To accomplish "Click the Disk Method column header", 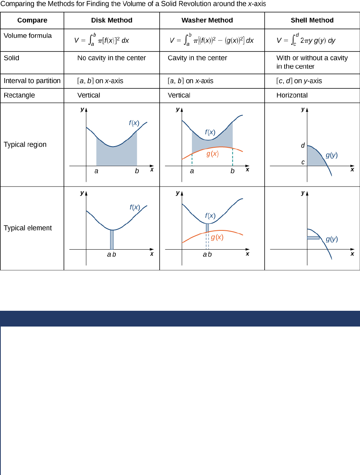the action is tap(112, 20).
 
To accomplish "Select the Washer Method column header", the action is tap(207, 20).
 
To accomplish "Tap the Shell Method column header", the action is tap(312, 20).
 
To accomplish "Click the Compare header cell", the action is tap(32, 20).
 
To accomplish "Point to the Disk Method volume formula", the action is tap(102, 40).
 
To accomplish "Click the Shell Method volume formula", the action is tap(306, 40).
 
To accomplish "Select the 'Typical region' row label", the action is tap(25, 145).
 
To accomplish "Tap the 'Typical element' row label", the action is tap(28, 228).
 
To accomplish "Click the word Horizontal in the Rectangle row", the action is tap(292, 95).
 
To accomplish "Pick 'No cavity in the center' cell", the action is tap(112, 58).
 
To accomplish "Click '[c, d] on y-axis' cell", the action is tap(299, 81).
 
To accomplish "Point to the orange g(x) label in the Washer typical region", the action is tap(212, 154).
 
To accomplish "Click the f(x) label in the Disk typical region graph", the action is tap(134, 123).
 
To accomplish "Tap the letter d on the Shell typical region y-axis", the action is tap(303, 145).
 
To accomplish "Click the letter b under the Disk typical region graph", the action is tap(137, 171).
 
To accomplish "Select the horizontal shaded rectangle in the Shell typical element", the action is tap(313, 238).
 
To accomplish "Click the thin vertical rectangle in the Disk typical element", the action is tap(112, 240).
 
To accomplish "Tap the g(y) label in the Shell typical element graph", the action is tap(332, 239).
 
